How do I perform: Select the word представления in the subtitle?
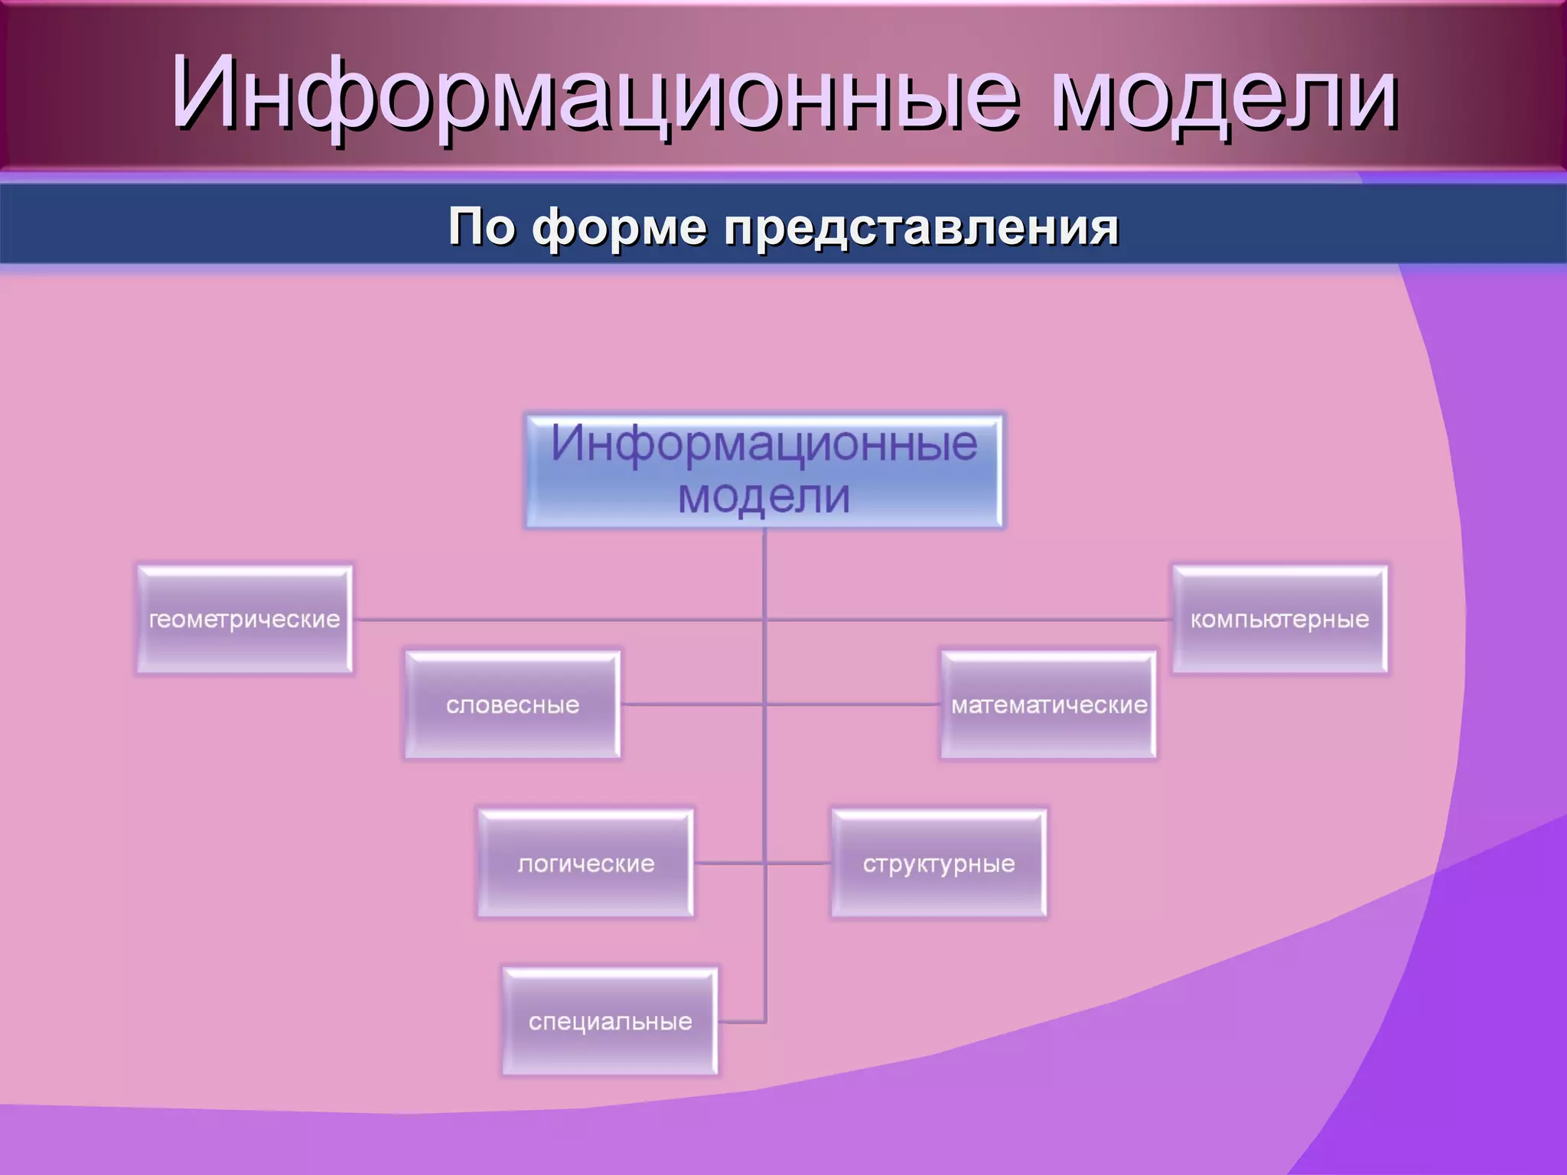pos(921,227)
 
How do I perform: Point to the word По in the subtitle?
pos(481,227)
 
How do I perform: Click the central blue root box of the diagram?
pos(764,470)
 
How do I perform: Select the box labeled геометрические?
pos(244,620)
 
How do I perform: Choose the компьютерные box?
pos(1279,620)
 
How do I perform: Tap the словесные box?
pos(513,705)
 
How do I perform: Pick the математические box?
pos(1048,705)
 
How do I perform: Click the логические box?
pos(586,864)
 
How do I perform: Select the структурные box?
pos(939,864)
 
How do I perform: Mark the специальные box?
pos(610,1021)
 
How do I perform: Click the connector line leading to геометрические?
pos(559,620)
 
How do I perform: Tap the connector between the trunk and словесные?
pos(692,704)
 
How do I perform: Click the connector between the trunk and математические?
pos(853,704)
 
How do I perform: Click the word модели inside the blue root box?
pos(764,497)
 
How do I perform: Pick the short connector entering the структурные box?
pos(799,864)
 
